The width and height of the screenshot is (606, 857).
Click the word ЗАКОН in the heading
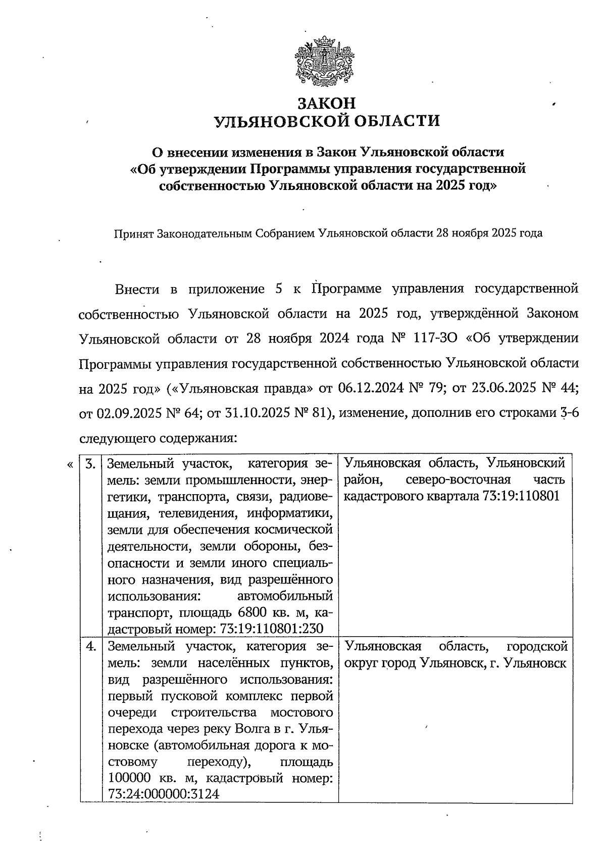[x=326, y=103]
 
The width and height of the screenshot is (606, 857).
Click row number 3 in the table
[x=90, y=464]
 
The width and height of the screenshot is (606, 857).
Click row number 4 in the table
[x=90, y=646]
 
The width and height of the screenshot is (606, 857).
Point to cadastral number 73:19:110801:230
[x=272, y=629]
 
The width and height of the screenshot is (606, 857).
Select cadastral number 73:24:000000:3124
[x=164, y=793]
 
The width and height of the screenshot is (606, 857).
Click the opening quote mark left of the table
[x=69, y=464]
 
